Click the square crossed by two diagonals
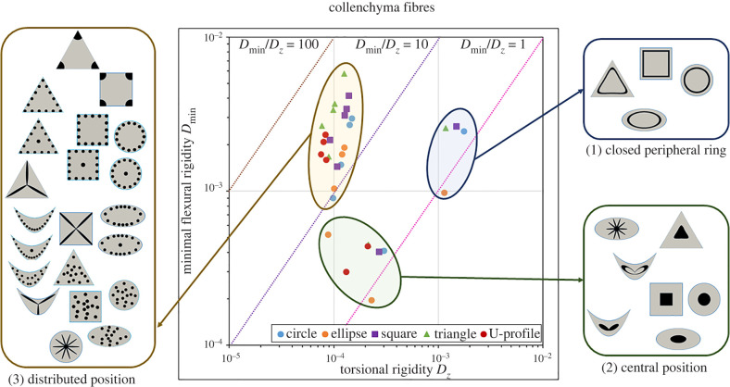point(78,228)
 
